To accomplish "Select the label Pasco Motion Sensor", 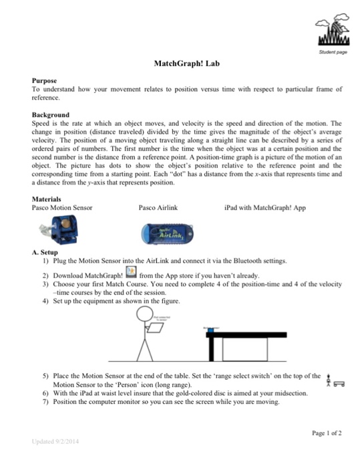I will click(x=63, y=208).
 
